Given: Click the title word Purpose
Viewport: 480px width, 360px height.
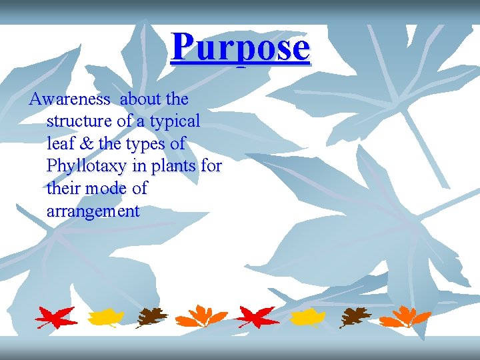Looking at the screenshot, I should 240,47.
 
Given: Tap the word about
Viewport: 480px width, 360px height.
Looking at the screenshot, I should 141,99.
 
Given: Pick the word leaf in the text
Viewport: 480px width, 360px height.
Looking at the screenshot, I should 59,144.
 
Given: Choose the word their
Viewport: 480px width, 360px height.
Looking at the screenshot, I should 61,189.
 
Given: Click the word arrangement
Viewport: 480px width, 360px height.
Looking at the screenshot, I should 93,212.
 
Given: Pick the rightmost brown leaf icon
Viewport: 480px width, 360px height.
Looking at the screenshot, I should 355,317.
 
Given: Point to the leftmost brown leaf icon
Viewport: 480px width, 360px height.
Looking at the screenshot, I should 152,317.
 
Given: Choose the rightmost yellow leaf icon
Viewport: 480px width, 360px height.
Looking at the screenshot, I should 308,317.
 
